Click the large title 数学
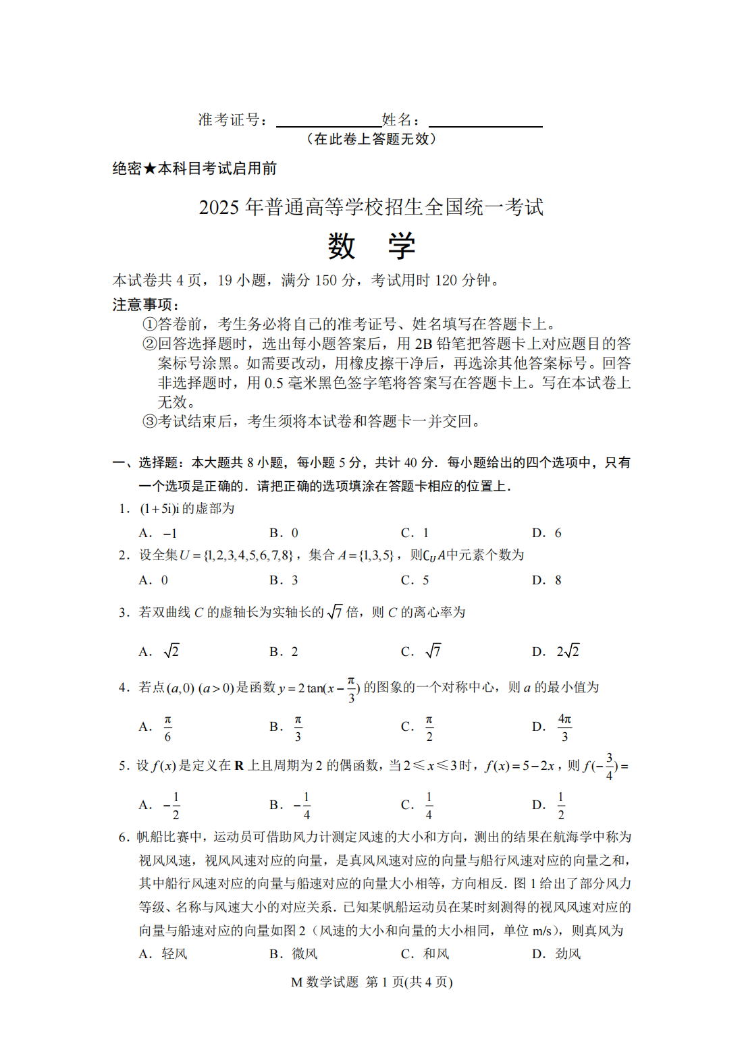tap(371, 246)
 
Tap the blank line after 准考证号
tap(329, 121)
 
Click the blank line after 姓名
tap(485, 121)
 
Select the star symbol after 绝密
tap(149, 169)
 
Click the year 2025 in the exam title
tap(219, 207)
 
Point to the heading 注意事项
tap(145, 305)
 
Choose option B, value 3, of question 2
tap(284, 580)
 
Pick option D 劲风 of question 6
tap(557, 953)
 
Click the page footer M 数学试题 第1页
tap(371, 982)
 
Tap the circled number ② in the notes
tap(150, 344)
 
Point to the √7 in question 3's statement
tap(335, 612)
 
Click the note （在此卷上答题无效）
tap(371, 139)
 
